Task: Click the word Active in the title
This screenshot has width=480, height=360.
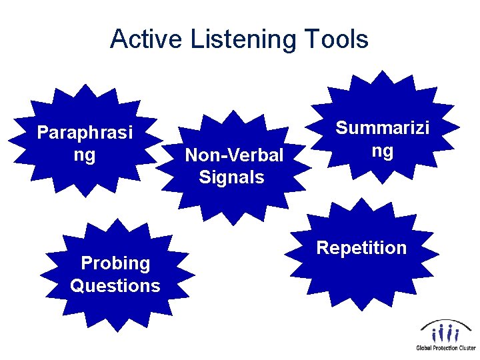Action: pos(147,39)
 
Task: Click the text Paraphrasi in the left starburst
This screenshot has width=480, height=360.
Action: pos(85,133)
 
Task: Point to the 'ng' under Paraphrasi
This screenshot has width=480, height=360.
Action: pos(85,155)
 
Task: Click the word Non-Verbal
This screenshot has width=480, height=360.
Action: pos(234,155)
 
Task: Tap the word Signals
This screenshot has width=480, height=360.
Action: pos(231,177)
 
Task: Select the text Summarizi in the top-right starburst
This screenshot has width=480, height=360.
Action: pos(382,127)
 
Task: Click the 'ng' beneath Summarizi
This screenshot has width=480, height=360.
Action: pos(382,150)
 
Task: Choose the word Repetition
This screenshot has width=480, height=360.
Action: pos(361,248)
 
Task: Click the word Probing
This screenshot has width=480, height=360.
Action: pos(115,263)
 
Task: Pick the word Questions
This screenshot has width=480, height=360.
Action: pos(115,286)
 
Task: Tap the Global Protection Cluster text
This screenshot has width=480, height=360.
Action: pos(446,347)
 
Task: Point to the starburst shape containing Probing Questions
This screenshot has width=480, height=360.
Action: pos(117,307)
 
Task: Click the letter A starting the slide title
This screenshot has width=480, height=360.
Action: pos(119,39)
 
